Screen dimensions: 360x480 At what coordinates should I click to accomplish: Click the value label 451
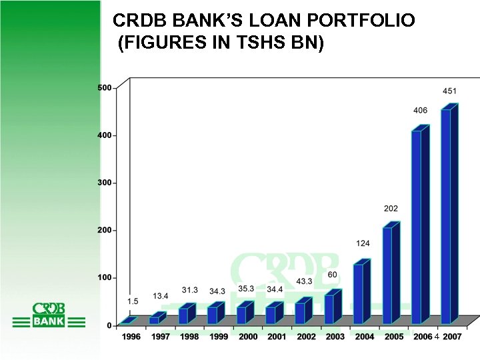[x=450, y=90]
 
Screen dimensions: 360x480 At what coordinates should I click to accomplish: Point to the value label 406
[x=421, y=110]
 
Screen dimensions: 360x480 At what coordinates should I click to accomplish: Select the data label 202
[x=391, y=209]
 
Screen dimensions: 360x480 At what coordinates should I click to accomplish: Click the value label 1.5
[x=133, y=302]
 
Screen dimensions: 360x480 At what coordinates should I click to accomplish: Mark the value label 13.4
[x=160, y=296]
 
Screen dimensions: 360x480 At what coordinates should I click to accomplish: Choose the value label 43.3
[x=305, y=281]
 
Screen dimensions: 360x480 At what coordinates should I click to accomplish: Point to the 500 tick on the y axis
[x=105, y=88]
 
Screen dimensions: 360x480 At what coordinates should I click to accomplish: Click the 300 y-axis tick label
[x=105, y=183]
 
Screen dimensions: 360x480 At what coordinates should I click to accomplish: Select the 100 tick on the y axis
[x=105, y=277]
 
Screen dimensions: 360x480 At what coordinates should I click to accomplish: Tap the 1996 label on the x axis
[x=131, y=337]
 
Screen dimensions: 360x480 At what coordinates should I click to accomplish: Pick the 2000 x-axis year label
[x=248, y=337]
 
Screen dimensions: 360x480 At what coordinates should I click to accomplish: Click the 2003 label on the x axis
[x=335, y=337]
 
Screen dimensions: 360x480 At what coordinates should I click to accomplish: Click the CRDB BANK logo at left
[x=49, y=315]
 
